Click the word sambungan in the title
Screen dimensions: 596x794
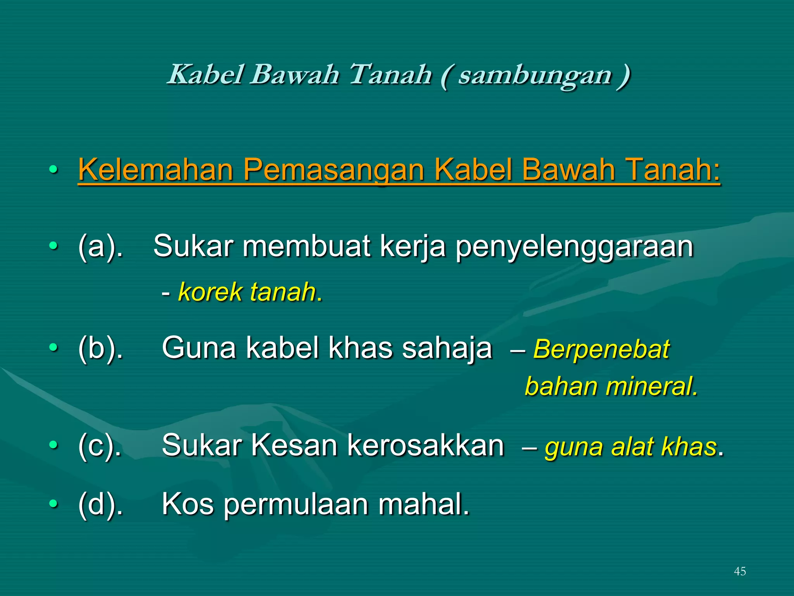[535, 75]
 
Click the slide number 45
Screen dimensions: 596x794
[740, 571]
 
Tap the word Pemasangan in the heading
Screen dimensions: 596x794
[334, 170]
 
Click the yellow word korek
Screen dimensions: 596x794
[210, 292]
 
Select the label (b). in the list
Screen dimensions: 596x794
[100, 348]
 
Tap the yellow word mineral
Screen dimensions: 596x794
[651, 387]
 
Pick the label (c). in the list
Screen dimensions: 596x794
[100, 446]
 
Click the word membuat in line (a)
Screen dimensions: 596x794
[306, 246]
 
